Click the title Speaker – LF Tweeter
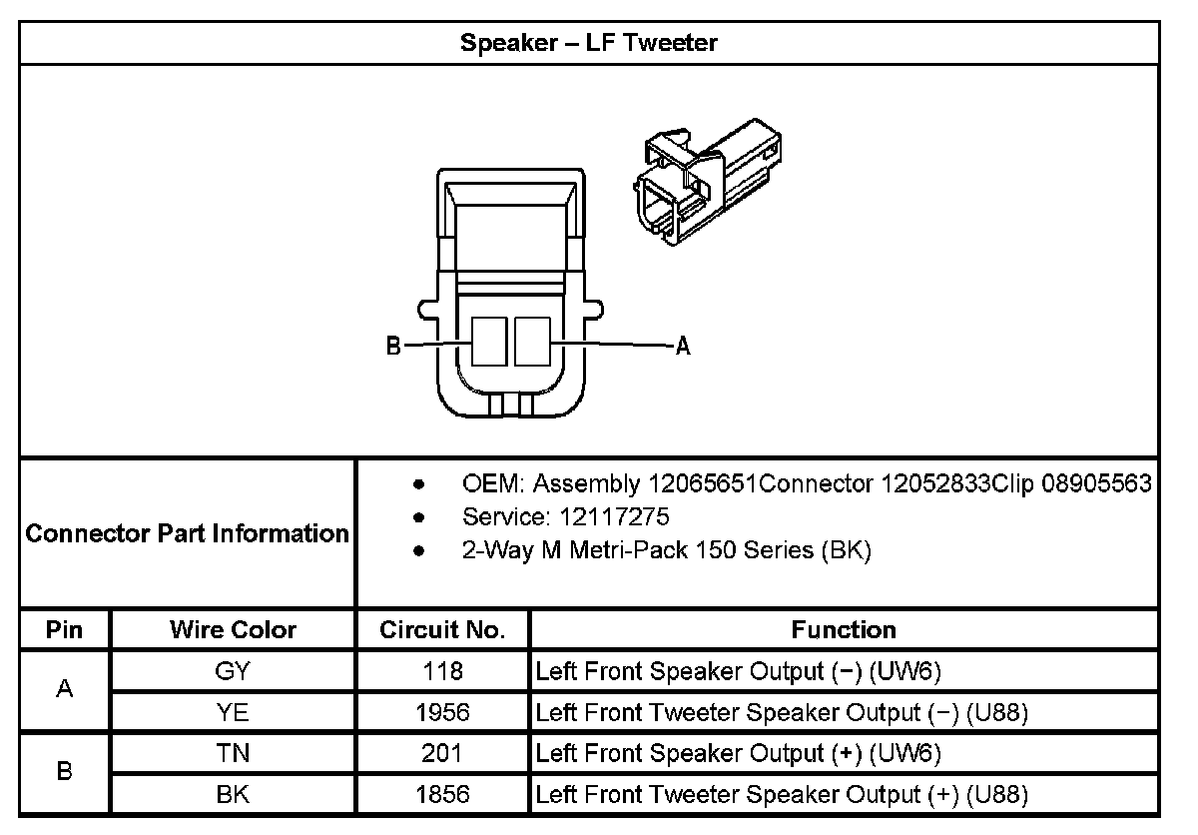[x=589, y=43]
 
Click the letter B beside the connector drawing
[x=393, y=347]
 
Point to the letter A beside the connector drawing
[x=683, y=347]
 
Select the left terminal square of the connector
[x=489, y=341]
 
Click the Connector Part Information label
[x=187, y=533]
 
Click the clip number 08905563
[x=1096, y=484]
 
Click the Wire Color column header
[x=233, y=630]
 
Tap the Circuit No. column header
[x=442, y=630]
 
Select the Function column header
[x=844, y=630]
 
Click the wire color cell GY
[x=233, y=671]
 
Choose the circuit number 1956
[x=442, y=713]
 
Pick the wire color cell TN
[x=233, y=754]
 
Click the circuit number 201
[x=442, y=754]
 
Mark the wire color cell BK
[x=233, y=795]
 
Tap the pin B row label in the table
[x=65, y=773]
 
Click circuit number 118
[x=442, y=671]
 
